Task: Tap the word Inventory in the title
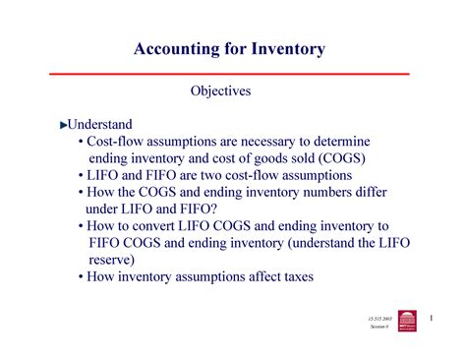pyautogui.click(x=286, y=48)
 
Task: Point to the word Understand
pyautogui.click(x=99, y=125)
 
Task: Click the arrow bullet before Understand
pyautogui.click(x=64, y=126)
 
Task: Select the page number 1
pyautogui.click(x=431, y=317)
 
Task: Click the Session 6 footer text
pyautogui.click(x=379, y=327)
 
